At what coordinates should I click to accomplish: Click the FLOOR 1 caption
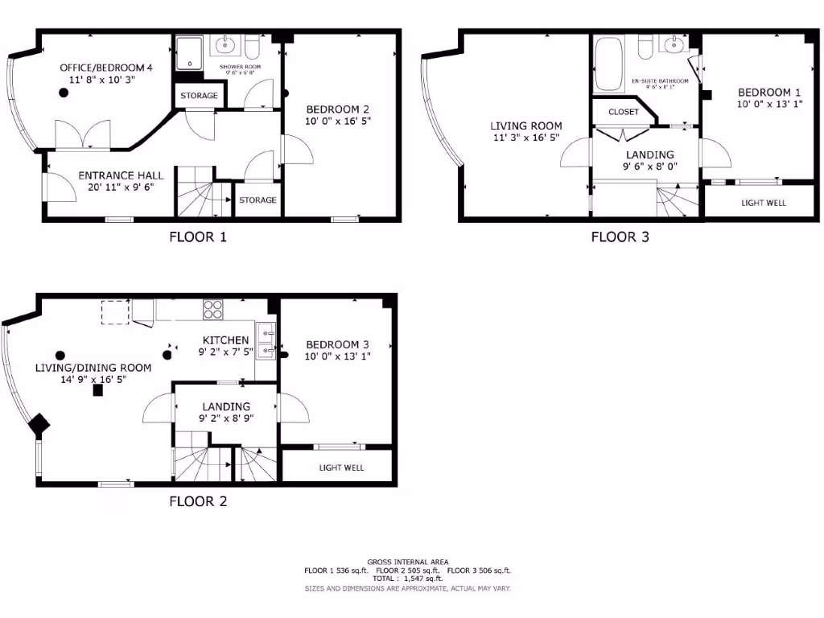point(198,237)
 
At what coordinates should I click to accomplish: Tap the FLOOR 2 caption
point(198,502)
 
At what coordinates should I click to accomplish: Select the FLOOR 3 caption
point(620,237)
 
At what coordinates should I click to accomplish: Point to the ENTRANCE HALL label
point(121,175)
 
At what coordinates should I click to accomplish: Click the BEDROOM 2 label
point(338,110)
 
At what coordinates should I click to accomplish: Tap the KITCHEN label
point(225,340)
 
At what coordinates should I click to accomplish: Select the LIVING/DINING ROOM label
point(93,368)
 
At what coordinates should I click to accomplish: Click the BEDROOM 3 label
point(336,344)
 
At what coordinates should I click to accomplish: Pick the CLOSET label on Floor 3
point(624,112)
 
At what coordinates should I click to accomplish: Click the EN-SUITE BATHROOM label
point(660,81)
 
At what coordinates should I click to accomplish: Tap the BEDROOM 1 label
point(769,93)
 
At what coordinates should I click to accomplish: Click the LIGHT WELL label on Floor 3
point(764,203)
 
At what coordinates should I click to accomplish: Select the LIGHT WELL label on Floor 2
point(341,468)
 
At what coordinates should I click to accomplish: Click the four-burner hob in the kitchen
point(213,308)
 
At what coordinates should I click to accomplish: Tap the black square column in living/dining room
point(98,390)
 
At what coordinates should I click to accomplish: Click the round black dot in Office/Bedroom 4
point(63,93)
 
